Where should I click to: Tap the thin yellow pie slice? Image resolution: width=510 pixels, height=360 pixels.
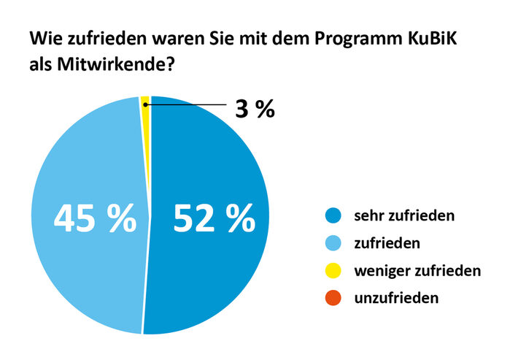(x=146, y=102)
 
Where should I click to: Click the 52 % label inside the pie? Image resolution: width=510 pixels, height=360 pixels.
(x=213, y=218)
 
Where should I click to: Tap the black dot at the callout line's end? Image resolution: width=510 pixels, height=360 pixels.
(x=145, y=105)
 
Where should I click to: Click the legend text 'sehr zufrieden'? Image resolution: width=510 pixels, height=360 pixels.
(x=404, y=216)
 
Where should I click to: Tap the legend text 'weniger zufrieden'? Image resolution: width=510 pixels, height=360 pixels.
(x=417, y=271)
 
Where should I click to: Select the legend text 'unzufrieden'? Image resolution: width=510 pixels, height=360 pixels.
(x=396, y=298)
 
